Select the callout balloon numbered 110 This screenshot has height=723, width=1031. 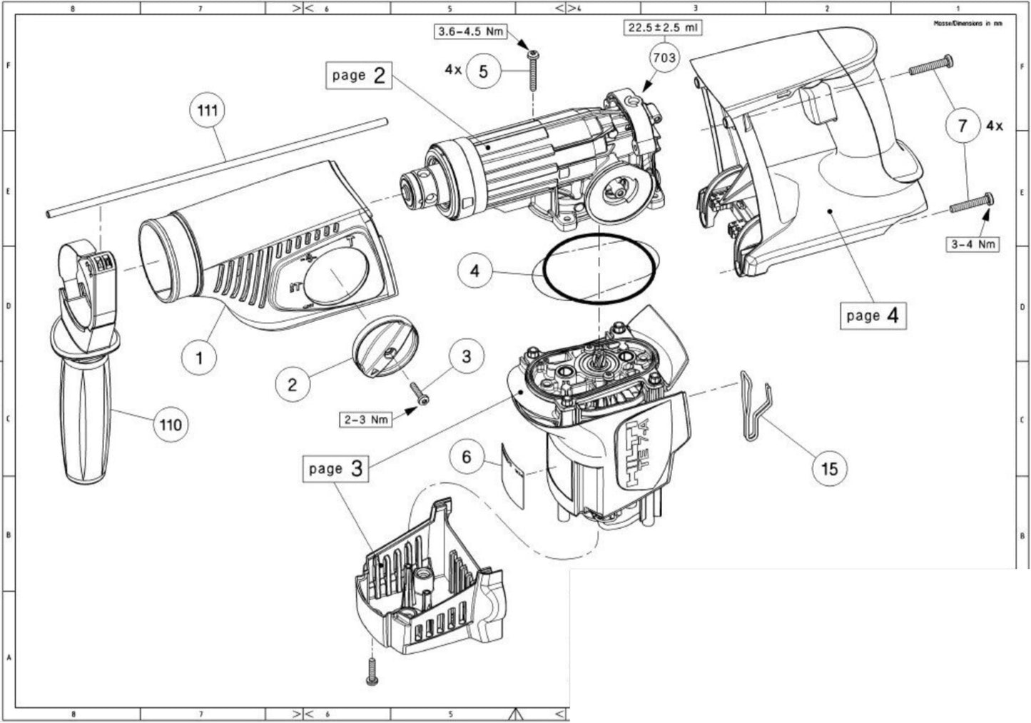click(171, 425)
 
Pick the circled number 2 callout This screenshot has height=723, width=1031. click(293, 384)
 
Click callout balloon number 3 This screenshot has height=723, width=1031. click(466, 356)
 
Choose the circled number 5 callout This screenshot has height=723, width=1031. click(484, 72)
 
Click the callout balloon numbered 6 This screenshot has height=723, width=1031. click(467, 457)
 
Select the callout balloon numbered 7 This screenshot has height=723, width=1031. click(963, 126)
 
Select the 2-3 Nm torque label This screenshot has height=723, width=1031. click(366, 419)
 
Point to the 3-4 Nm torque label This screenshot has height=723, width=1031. click(972, 244)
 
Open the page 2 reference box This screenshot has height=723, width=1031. click(360, 75)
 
